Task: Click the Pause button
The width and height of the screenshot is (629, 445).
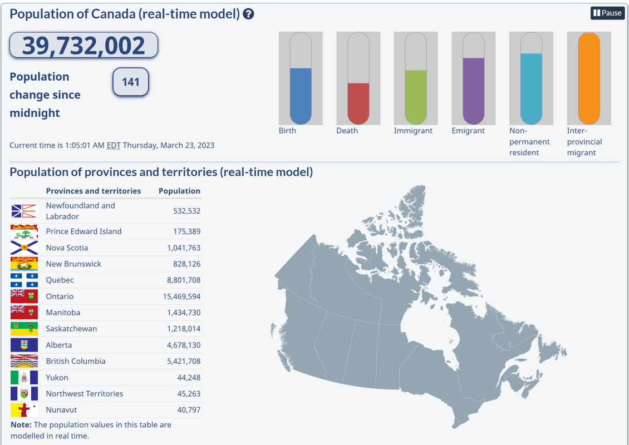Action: [x=607, y=13]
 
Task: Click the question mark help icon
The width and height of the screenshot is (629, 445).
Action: [x=249, y=14]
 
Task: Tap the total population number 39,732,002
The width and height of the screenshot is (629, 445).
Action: [x=83, y=46]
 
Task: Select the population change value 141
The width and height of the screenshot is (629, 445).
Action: [x=131, y=82]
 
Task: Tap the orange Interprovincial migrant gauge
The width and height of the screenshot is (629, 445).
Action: [x=589, y=78]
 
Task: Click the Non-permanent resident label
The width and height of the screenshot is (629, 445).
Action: [x=529, y=141]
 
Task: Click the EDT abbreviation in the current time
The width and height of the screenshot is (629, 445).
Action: [x=114, y=145]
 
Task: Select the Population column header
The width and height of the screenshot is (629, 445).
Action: [x=179, y=191]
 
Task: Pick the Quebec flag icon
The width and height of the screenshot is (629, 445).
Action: [x=24, y=280]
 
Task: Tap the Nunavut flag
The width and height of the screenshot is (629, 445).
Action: [x=24, y=410]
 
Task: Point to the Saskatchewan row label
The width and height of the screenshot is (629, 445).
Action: [x=71, y=329]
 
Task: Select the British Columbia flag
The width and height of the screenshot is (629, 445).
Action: [x=24, y=362]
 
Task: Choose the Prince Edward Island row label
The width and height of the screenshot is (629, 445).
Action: [x=83, y=231]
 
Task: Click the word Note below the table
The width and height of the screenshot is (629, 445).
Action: [x=21, y=424]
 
